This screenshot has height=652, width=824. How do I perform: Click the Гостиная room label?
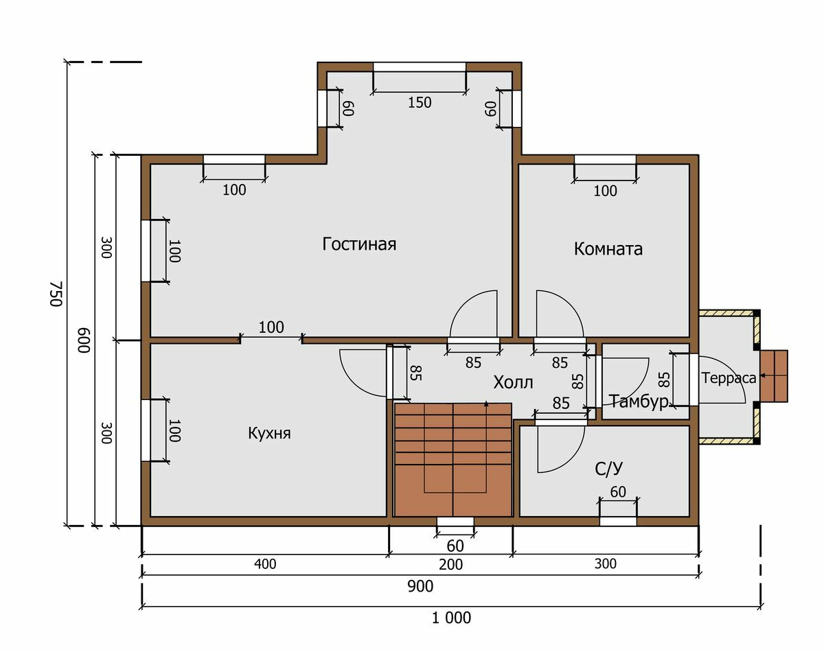[x=359, y=244]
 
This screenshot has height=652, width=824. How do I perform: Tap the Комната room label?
[x=608, y=249]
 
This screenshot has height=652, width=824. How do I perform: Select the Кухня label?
[x=269, y=433]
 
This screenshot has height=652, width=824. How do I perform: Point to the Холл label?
[x=513, y=382]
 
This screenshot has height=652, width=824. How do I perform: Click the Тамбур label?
[x=639, y=401]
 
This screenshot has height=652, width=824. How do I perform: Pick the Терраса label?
[x=729, y=378]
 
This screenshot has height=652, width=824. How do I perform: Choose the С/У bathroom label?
[x=609, y=469]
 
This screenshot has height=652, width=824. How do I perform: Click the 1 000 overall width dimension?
[x=451, y=618]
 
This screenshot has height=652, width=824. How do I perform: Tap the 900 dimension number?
[x=420, y=586]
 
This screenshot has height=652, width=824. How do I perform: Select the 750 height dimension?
[x=56, y=294]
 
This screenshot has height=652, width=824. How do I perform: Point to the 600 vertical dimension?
[x=84, y=340]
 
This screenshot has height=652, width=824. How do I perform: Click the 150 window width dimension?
[x=420, y=103]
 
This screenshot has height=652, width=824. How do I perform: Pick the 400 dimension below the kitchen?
[x=265, y=564]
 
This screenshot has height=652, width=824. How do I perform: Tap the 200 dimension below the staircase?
[x=450, y=564]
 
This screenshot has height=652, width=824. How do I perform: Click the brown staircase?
[x=453, y=459]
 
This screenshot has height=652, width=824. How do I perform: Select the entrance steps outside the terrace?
[x=774, y=376]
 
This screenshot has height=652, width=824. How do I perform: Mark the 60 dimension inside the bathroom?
[x=618, y=491]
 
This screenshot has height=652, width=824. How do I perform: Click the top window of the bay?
[x=420, y=67]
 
